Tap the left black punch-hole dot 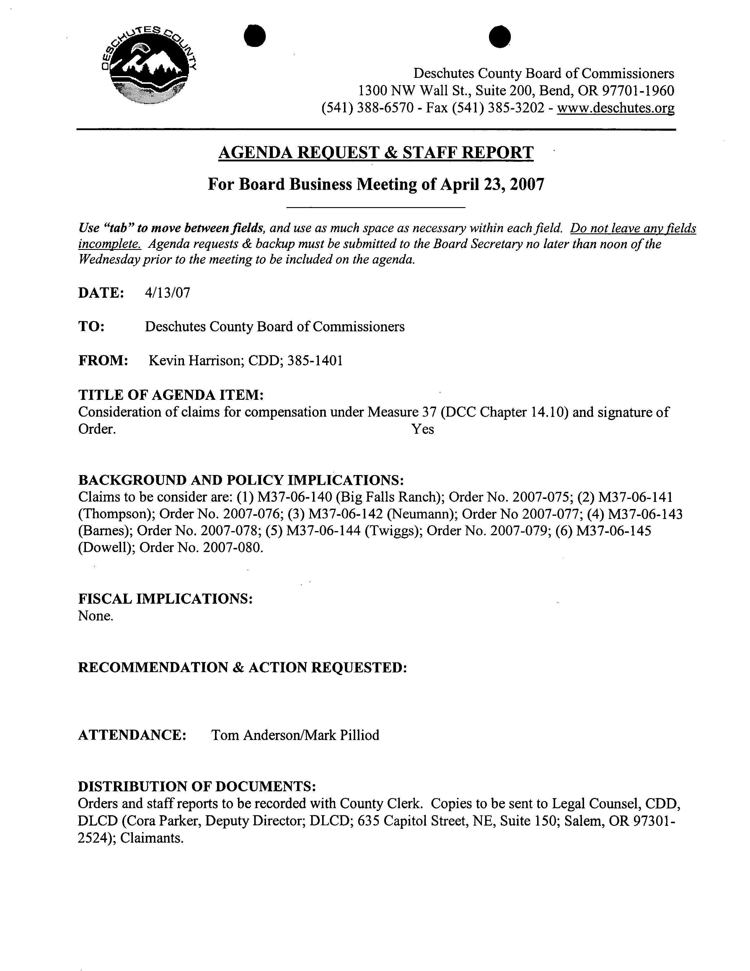pos(255,36)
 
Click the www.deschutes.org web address pos(616,108)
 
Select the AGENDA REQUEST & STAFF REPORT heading pos(376,153)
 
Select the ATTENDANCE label pos(132,735)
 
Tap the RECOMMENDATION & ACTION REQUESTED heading pos(242,667)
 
